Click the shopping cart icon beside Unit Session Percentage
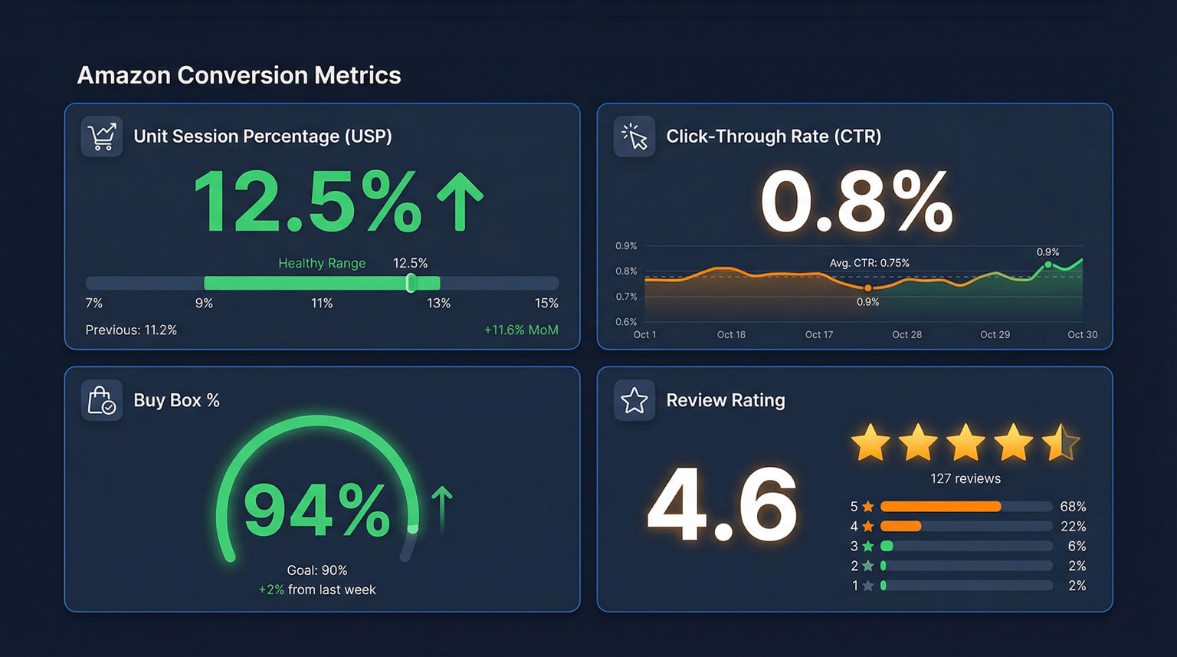(102, 136)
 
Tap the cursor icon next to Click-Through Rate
(634, 136)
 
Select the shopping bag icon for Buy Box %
(102, 400)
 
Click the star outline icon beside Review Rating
(634, 400)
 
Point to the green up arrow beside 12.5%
(460, 202)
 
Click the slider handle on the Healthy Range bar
(411, 283)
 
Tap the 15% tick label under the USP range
(546, 304)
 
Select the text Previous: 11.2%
(131, 330)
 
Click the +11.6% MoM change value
(521, 330)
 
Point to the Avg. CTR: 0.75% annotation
(869, 263)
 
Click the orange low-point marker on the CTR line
(867, 288)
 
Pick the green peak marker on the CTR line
(1048, 265)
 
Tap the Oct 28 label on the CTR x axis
(907, 335)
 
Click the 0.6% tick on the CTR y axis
(626, 322)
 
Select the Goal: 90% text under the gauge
(317, 570)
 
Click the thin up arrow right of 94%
(441, 508)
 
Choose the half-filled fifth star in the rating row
(1061, 442)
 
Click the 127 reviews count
(966, 478)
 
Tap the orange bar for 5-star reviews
(940, 507)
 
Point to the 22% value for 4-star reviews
(1073, 527)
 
